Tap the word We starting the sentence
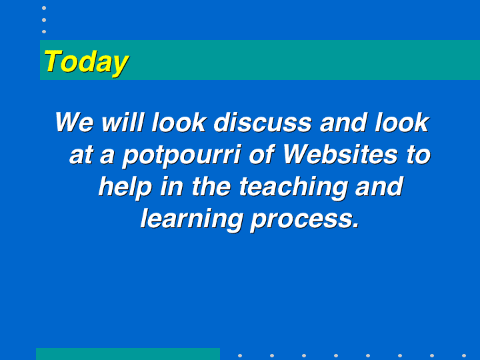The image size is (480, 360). click(75, 122)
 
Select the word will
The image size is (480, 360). click(123, 122)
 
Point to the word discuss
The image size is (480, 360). click(263, 122)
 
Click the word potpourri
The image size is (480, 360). click(181, 156)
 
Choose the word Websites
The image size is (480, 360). click(340, 154)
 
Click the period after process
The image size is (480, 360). click(356, 226)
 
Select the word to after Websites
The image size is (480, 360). click(419, 155)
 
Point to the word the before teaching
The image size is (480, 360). click(211, 186)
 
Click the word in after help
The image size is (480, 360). click(172, 186)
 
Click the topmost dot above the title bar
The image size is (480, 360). click(44, 8)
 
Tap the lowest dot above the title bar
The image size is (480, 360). click(44, 31)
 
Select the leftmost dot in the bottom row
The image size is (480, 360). click(240, 356)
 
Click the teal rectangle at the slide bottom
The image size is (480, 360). click(128, 354)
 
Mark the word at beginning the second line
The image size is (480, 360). click(81, 155)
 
